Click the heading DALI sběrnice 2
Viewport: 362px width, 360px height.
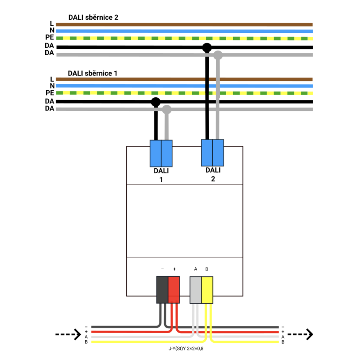93,17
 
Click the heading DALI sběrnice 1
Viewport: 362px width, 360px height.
92,73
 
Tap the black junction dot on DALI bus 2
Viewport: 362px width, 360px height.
207,48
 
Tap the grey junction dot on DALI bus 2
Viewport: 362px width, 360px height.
218,55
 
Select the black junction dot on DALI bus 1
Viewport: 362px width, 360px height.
156,102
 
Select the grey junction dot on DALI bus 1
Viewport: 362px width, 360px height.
167,109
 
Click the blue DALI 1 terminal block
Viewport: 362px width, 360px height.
161,154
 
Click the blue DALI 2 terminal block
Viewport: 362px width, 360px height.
212,153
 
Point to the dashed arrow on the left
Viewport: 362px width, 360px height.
68,334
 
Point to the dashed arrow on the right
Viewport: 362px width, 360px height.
300,334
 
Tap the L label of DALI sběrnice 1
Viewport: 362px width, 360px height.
52,79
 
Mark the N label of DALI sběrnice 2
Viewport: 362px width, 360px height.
52,31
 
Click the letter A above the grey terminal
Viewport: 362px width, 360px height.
195,269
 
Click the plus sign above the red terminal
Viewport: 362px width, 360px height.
174,269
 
